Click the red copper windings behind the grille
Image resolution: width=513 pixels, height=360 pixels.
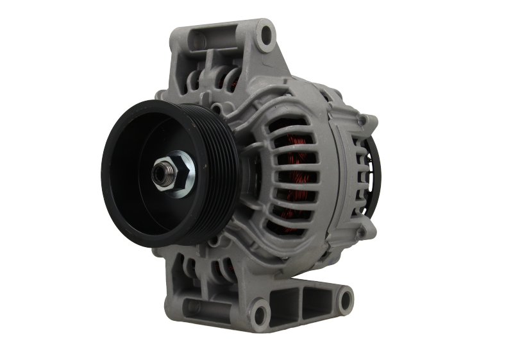(x=296, y=160)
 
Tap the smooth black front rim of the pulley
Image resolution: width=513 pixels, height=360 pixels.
(x=122, y=193)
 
